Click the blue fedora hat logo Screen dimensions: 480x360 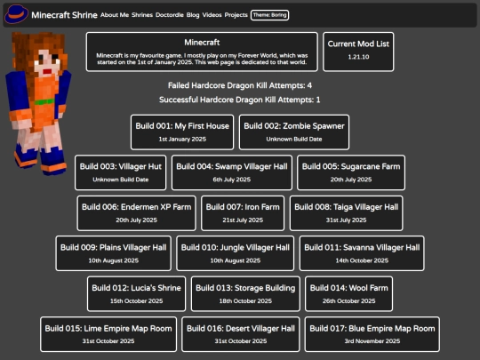tap(17, 13)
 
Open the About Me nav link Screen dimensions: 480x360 tap(115, 15)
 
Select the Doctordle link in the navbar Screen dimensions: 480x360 tap(169, 15)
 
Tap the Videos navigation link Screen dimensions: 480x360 tap(212, 15)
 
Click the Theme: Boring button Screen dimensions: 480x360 tap(269, 15)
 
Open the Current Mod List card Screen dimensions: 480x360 tap(358, 52)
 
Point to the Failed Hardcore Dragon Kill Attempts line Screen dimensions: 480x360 tap(240, 85)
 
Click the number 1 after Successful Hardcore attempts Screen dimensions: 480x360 tap(318, 100)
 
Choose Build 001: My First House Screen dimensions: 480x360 tap(182, 132)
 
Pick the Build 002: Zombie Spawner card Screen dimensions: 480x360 tap(294, 132)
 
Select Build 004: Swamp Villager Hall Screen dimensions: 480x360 tap(232, 172)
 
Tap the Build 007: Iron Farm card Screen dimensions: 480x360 tap(243, 213)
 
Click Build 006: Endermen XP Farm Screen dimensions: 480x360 tap(136, 213)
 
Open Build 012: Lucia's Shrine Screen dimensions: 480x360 tap(136, 294)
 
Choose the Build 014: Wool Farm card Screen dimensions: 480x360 tap(348, 294)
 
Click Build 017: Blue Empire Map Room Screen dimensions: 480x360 tap(372, 334)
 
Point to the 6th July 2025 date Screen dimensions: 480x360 tap(232, 180)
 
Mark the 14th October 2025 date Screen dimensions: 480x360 tap(362, 260)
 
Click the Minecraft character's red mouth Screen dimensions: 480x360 tap(47, 72)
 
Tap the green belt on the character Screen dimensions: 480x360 tap(44, 101)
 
